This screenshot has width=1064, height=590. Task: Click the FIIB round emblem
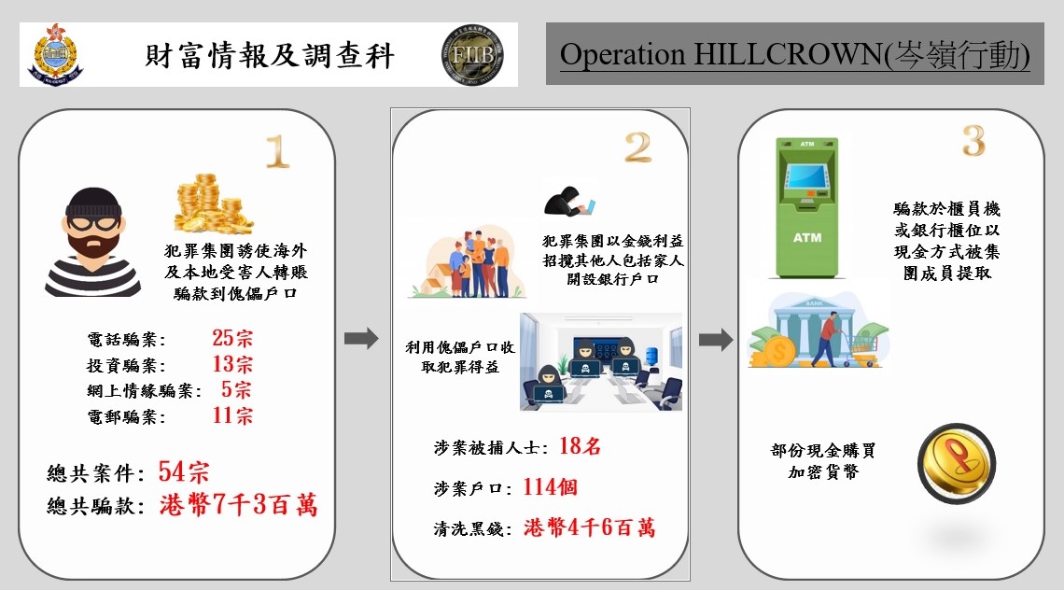472,55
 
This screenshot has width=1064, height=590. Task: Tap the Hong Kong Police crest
56,54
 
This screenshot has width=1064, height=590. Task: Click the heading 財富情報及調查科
270,56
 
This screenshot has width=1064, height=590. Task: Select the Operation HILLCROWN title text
794,54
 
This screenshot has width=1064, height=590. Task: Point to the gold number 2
637,147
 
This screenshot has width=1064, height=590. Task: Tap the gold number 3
973,141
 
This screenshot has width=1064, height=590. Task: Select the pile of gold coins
213,204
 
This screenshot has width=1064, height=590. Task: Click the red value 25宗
232,337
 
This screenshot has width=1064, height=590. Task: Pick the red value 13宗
232,364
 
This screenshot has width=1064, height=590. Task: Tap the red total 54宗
184,471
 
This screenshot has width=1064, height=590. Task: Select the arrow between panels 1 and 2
361,338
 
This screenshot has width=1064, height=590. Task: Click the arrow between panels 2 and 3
716,339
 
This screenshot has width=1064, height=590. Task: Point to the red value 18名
580,446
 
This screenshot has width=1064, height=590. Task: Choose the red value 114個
551,486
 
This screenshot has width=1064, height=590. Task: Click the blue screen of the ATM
806,176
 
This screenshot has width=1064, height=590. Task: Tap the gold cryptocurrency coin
956,464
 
